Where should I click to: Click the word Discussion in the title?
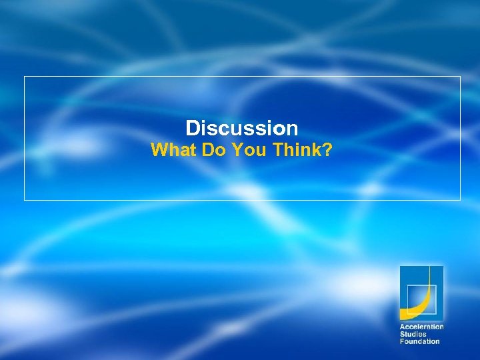241,127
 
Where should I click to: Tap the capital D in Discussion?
192,127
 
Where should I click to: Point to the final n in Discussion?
291,129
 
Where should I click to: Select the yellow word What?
170,150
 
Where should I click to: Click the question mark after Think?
327,150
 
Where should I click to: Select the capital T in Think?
278,150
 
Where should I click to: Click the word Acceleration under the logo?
421,327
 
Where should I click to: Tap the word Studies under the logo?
413,334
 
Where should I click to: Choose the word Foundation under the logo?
419,341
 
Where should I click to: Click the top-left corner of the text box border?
25,77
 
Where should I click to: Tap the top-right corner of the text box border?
460,77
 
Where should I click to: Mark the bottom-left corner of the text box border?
25,199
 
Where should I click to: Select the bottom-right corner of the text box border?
460,199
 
